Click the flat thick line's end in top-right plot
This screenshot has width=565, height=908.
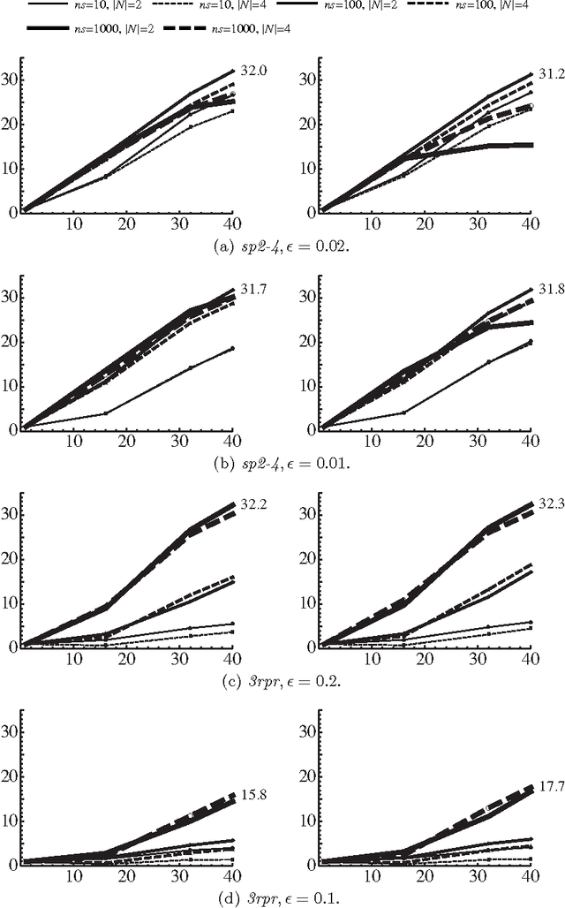(x=530, y=145)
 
